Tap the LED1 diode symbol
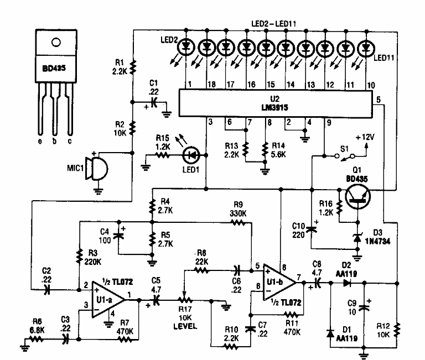tap(191, 156)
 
